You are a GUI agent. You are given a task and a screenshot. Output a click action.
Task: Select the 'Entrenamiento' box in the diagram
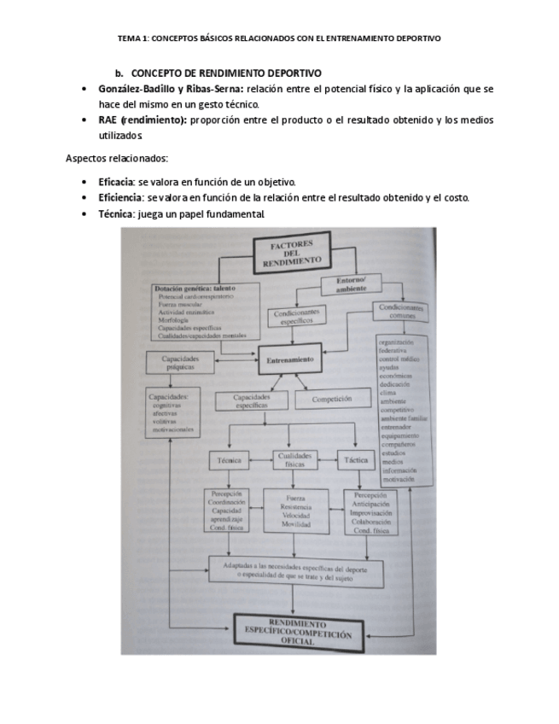tap(290, 359)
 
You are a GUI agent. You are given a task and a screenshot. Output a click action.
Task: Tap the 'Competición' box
tap(332, 399)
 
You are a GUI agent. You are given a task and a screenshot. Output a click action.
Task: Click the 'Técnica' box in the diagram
tap(230, 460)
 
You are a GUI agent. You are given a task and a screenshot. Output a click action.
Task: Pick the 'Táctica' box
tap(355, 460)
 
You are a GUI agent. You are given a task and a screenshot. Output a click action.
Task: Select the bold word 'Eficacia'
tap(116, 183)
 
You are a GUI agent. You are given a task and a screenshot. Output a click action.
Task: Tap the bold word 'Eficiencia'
tap(119, 198)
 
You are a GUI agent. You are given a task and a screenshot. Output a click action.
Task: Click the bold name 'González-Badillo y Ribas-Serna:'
tap(171, 89)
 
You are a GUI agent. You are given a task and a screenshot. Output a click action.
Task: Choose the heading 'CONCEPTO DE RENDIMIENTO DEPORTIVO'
tap(226, 74)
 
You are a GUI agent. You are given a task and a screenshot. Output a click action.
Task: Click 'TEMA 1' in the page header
tap(134, 38)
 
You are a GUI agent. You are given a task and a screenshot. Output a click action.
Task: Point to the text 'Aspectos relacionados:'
tap(108, 159)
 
